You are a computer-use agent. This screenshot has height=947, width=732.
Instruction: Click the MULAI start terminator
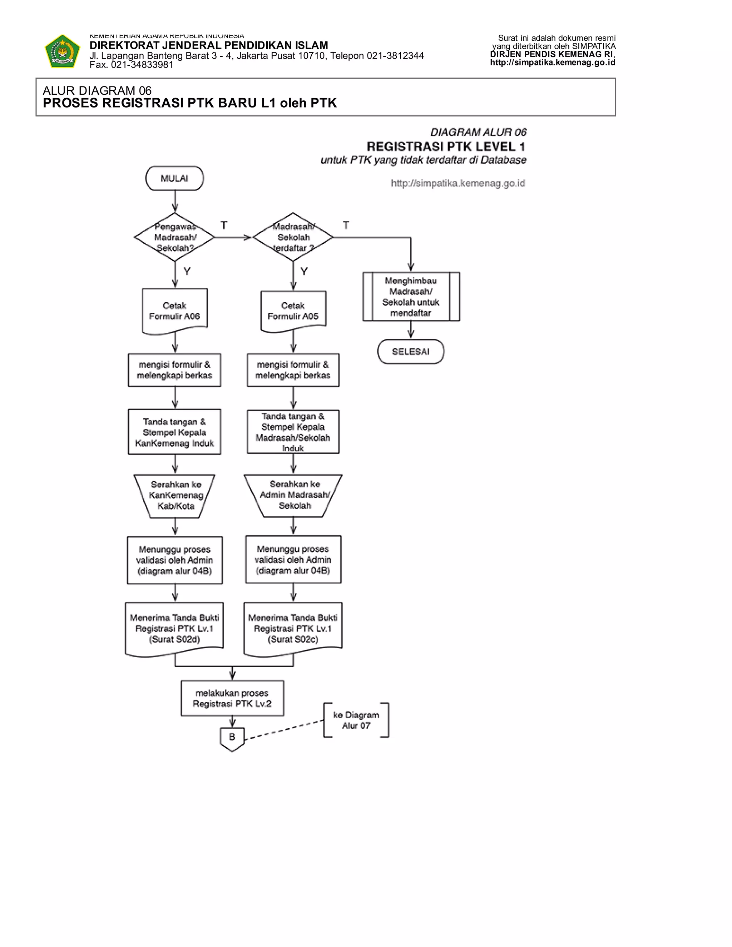coord(174,178)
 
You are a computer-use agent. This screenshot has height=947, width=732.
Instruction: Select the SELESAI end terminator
coord(411,351)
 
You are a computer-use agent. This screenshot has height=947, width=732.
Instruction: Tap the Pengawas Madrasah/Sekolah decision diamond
coord(175,237)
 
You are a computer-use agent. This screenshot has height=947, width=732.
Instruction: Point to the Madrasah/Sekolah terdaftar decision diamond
coord(293,237)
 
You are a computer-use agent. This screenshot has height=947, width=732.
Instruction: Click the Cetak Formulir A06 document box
coord(175,311)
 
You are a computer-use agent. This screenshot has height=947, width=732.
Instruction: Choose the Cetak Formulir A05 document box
coord(293,311)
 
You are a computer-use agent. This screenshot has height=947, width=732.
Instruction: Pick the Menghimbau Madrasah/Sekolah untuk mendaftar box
coord(411,297)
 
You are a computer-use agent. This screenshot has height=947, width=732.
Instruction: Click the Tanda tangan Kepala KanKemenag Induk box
coord(174,432)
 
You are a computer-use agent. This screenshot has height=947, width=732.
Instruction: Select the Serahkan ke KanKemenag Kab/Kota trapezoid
coord(175,495)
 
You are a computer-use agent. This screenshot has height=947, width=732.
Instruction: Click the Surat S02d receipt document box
coord(174,628)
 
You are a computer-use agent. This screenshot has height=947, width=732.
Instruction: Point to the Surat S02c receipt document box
coord(293,628)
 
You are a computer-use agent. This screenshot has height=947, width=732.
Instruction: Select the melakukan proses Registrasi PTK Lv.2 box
coord(232,698)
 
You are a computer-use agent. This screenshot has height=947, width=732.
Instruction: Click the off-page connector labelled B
coord(232,738)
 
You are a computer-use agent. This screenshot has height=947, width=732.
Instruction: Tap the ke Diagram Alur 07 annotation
coord(356,720)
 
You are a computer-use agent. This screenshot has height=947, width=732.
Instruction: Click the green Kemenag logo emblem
coord(63,51)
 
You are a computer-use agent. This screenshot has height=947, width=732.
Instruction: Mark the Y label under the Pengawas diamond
coord(187,272)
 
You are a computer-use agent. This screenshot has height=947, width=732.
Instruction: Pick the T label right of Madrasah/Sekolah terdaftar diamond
coord(346,225)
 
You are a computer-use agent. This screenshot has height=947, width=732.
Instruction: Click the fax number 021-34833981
coord(142,65)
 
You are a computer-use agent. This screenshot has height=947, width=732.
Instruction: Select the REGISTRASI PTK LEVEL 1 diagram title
coord(446,147)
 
